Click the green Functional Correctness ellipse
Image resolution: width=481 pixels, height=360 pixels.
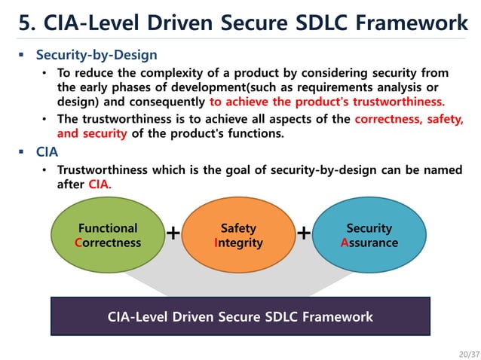(x=108, y=235)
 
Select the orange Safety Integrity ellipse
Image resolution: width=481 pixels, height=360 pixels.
(x=238, y=235)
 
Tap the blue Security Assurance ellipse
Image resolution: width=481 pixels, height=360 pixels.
(x=369, y=235)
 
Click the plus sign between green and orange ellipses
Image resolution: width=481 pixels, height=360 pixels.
(x=173, y=233)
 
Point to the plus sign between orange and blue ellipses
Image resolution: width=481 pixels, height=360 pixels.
(x=304, y=233)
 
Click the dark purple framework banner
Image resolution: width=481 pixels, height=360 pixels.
(x=240, y=316)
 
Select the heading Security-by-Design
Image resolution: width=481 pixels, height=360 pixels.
(x=97, y=55)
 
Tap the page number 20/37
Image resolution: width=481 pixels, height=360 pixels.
(x=470, y=354)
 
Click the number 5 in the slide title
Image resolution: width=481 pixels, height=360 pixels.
(x=26, y=23)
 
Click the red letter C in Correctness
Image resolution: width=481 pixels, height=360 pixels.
(x=78, y=243)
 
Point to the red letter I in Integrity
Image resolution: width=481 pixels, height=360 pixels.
(x=216, y=243)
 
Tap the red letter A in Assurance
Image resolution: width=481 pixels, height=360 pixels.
(x=345, y=243)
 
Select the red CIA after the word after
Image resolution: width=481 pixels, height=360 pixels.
(x=100, y=185)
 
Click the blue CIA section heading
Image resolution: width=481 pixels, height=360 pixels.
(x=47, y=152)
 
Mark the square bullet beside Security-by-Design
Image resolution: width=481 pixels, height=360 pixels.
(x=21, y=55)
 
